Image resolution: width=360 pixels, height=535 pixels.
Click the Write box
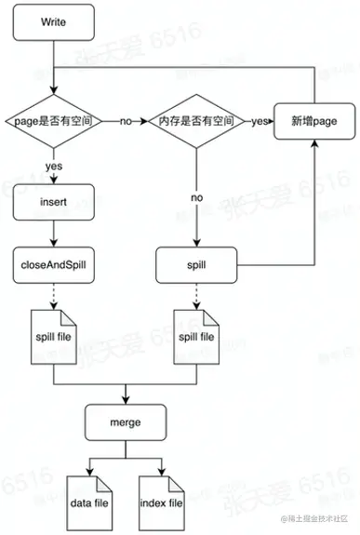(53, 20)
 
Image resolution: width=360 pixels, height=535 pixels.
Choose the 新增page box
(313, 121)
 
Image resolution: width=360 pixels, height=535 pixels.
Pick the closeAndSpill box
(53, 265)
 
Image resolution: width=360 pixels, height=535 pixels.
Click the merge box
(124, 422)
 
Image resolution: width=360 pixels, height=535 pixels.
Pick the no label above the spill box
(197, 197)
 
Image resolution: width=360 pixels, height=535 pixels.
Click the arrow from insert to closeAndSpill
(53, 233)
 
